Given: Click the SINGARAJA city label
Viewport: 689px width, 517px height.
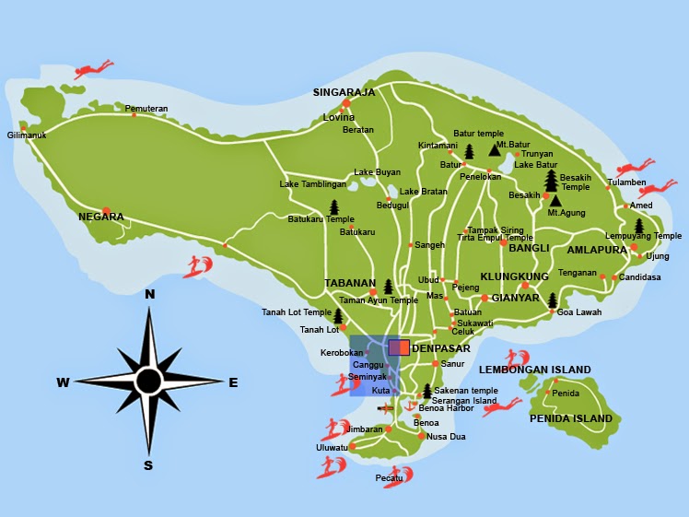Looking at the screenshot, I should [344, 92].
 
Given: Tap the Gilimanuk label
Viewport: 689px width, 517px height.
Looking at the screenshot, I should [27, 135].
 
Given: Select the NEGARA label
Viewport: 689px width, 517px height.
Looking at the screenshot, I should [101, 217].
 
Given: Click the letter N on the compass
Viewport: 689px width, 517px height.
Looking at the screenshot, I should [149, 294].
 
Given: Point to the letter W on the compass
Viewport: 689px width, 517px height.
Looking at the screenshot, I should [63, 382].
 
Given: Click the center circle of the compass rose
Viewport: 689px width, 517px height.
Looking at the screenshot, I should [149, 381].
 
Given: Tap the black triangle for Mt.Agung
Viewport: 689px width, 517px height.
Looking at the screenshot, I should [555, 200].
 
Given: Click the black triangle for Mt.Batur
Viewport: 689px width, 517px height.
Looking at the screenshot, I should [494, 149].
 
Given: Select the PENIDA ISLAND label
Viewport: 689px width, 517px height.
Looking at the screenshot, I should [571, 418].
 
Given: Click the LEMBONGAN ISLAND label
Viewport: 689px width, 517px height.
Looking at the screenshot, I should [534, 370].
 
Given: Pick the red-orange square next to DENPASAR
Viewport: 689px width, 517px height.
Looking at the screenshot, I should [399, 347].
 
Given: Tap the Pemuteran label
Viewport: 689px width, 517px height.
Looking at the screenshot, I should [146, 109].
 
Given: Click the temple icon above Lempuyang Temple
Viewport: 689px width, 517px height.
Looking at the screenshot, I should [638, 226].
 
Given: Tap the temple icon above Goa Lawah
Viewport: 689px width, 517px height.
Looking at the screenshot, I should [553, 300].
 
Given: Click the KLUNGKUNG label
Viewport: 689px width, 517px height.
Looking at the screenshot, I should [514, 276].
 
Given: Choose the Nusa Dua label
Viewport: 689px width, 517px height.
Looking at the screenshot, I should [446, 437].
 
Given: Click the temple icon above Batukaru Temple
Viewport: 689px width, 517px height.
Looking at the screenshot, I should [333, 206].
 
